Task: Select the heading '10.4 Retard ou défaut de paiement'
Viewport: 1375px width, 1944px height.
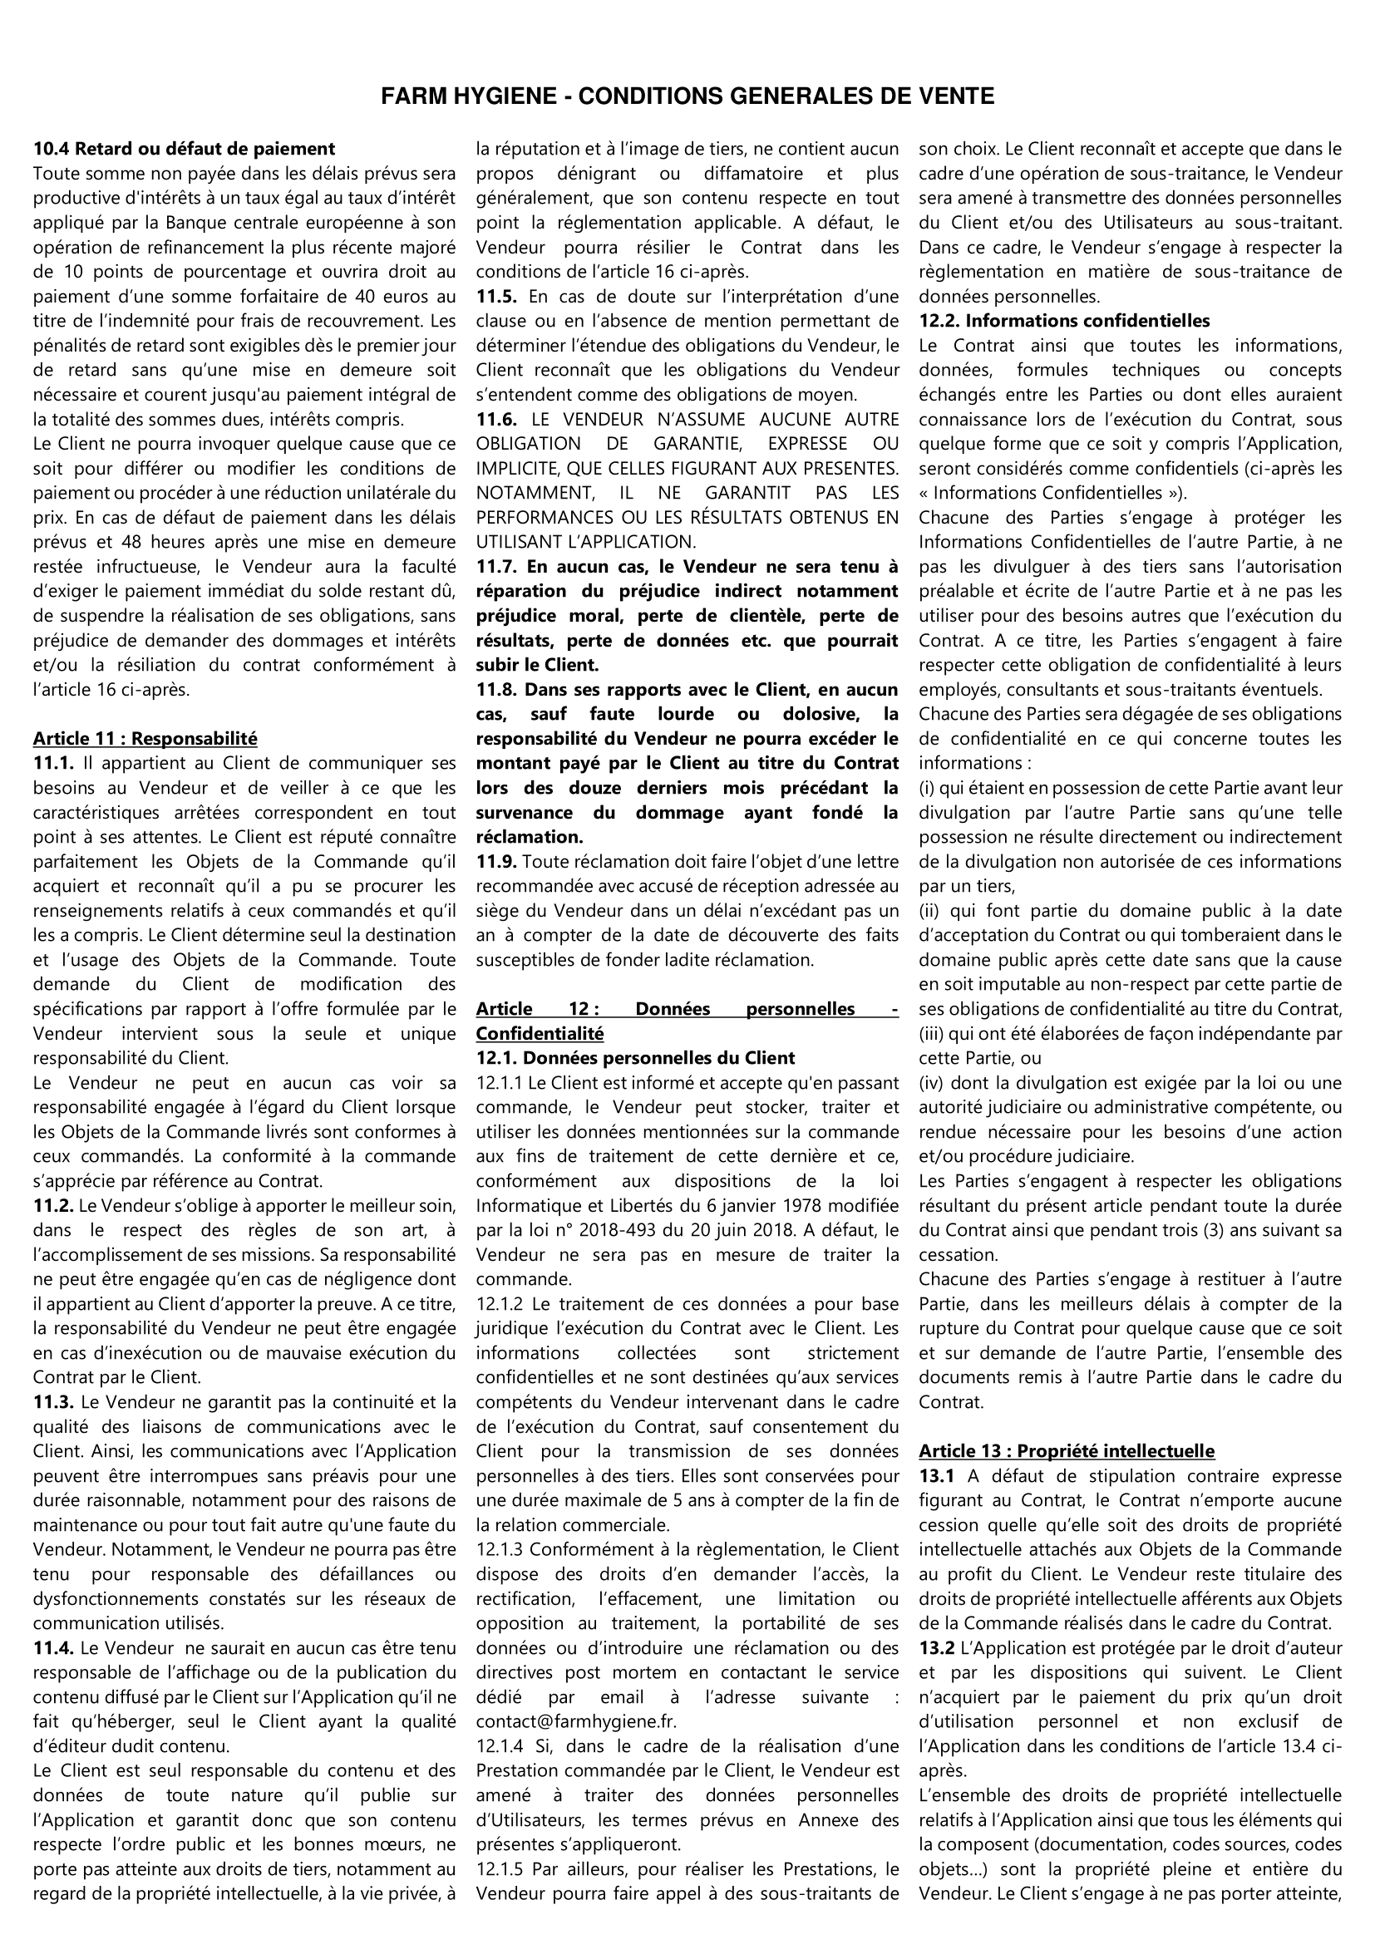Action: pos(184,149)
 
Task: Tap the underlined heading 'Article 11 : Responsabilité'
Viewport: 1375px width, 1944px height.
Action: pos(145,738)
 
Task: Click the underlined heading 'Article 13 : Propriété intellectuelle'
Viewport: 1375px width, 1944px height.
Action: pos(1066,1450)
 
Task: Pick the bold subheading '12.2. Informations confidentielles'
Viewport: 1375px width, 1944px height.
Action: pos(1064,321)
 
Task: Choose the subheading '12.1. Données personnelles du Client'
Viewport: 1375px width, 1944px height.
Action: pos(635,1057)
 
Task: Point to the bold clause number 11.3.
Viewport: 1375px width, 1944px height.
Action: pos(52,1402)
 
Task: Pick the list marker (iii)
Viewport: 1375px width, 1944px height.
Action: pos(931,1033)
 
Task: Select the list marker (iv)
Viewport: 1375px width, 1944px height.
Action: pos(931,1082)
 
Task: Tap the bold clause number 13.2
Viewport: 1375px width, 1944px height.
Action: pos(936,1647)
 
